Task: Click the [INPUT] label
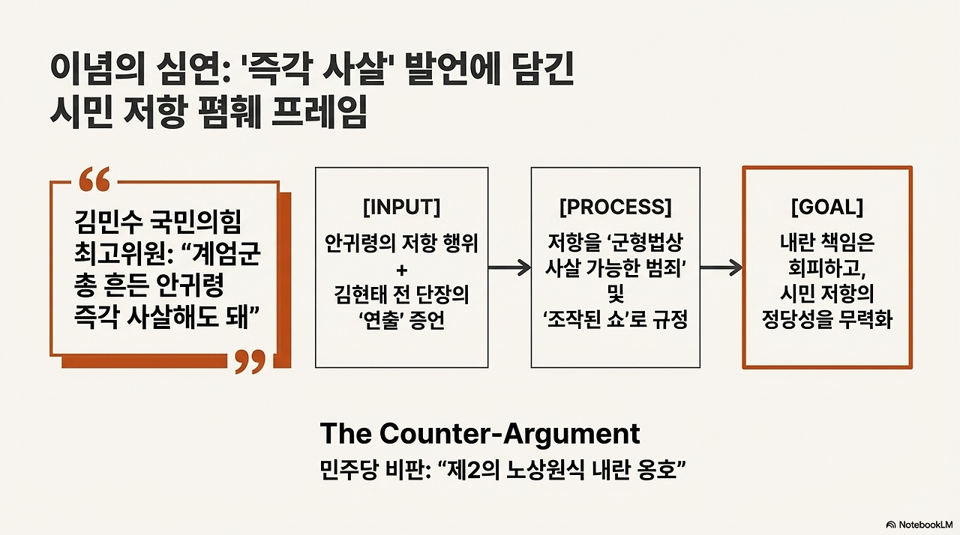(x=401, y=207)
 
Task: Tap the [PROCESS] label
(x=616, y=207)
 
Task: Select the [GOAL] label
(x=827, y=207)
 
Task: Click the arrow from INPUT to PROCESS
(x=509, y=268)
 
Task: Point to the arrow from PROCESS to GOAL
(x=721, y=268)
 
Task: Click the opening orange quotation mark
(x=94, y=180)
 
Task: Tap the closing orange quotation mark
(x=250, y=361)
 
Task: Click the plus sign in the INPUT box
(x=401, y=268)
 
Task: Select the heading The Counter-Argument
(x=480, y=434)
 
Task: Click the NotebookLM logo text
(x=923, y=524)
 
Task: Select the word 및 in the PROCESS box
(x=616, y=294)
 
